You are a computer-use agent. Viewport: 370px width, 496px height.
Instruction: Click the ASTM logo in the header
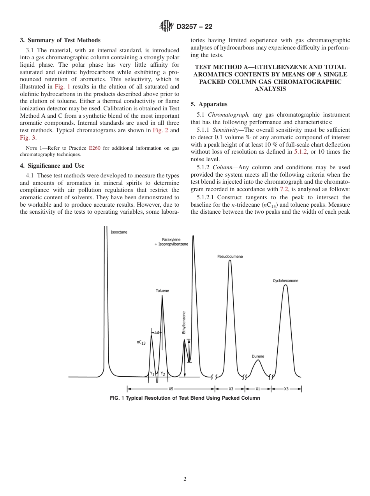tap(166, 27)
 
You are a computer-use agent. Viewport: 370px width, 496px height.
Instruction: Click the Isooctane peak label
tap(119, 232)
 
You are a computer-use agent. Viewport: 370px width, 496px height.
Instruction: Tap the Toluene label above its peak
tap(162, 291)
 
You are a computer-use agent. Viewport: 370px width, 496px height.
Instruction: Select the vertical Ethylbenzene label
tap(184, 322)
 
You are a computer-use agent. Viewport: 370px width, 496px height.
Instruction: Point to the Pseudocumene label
tap(230, 257)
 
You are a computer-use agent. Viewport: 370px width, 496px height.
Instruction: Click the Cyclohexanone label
tap(285, 281)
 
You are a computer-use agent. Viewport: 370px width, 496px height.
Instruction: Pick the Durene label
tap(258, 356)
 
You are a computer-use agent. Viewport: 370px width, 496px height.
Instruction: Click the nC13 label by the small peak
tap(141, 342)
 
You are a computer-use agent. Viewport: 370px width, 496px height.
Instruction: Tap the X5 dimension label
tap(171, 389)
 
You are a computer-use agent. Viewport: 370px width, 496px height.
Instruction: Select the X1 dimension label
tap(258, 389)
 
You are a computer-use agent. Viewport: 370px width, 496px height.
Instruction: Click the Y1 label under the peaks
tap(152, 374)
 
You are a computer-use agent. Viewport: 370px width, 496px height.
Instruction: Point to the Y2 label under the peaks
tap(163, 374)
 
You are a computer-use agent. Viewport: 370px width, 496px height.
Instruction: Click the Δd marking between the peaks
tap(157, 333)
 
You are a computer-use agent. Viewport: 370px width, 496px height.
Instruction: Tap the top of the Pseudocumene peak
tap(230, 260)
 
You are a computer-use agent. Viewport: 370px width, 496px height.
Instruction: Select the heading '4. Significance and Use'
tap(52, 166)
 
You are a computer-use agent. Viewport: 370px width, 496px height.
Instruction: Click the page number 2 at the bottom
tap(185, 479)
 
